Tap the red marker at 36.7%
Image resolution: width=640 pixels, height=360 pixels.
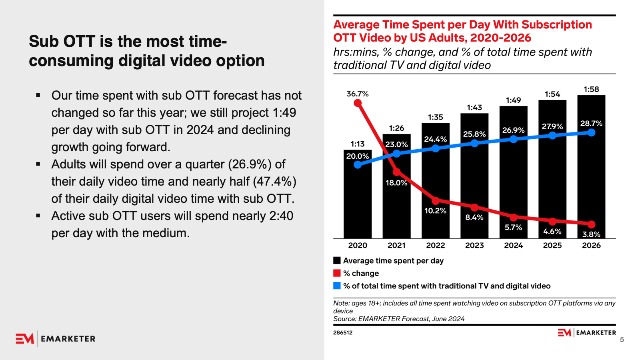[x=358, y=103]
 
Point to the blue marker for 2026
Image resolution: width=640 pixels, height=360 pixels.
[x=591, y=132]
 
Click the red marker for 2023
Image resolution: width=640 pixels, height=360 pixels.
[x=474, y=208]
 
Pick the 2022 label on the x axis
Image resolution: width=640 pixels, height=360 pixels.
[x=435, y=245]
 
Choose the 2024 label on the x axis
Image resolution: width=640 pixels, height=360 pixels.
[x=513, y=245]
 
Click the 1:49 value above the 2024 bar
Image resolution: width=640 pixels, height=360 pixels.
[x=513, y=100]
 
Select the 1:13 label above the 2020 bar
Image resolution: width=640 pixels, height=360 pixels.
[x=358, y=144]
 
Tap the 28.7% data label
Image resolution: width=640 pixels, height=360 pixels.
[x=591, y=123]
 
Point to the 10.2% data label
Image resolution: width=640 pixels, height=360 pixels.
[x=435, y=211]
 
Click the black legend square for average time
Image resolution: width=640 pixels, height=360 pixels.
[x=337, y=260]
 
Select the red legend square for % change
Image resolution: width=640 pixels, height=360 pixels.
[x=337, y=273]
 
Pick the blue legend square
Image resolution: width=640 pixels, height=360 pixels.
[x=337, y=286]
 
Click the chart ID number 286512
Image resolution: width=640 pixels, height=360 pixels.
[x=343, y=332]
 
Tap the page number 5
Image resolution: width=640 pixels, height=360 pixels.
[x=622, y=340]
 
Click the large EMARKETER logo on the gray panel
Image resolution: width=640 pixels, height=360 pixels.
[x=56, y=339]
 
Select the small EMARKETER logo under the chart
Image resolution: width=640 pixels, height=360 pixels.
[x=587, y=332]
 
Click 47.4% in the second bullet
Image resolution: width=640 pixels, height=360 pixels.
[x=275, y=182]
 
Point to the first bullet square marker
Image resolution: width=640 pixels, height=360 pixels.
[x=38, y=95]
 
